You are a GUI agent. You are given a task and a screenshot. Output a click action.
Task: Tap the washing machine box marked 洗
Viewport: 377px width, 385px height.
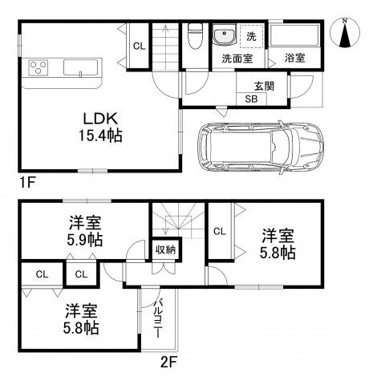250,37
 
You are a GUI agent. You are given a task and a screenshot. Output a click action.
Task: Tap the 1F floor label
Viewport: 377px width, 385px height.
28,183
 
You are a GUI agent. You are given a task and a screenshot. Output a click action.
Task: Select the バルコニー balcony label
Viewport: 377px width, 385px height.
159,318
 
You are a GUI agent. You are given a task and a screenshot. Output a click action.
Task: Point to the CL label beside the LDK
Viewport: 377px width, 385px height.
139,47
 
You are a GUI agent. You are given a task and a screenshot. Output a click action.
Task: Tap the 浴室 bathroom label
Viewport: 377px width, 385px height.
294,58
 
